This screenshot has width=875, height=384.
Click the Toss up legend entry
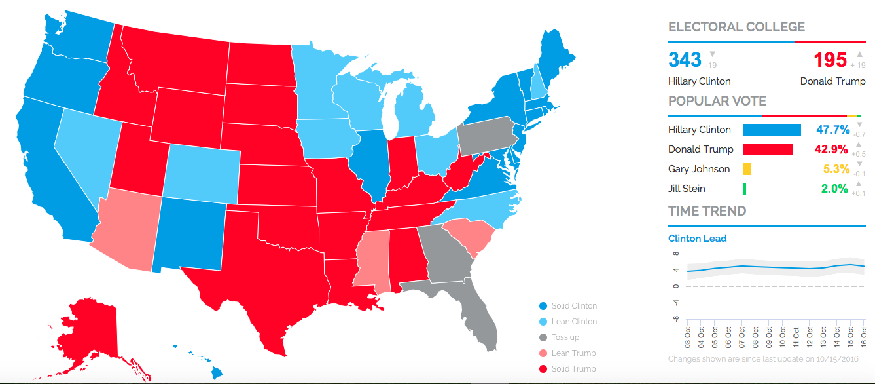click(x=565, y=337)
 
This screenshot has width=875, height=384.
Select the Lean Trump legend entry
click(x=573, y=353)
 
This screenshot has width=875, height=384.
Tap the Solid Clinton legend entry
click(x=574, y=306)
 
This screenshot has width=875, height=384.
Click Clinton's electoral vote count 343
click(x=685, y=60)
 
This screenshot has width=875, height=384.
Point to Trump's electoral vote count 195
click(x=830, y=60)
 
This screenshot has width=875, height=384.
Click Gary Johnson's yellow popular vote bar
click(x=747, y=169)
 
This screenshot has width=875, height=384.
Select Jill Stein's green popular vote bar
click(x=745, y=189)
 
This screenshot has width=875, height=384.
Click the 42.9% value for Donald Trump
click(x=830, y=149)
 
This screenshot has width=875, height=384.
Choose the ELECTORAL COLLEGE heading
click(x=736, y=27)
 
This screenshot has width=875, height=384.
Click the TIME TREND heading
click(x=707, y=211)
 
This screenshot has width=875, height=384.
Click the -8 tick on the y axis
click(x=675, y=320)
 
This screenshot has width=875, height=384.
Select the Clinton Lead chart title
click(x=697, y=239)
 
